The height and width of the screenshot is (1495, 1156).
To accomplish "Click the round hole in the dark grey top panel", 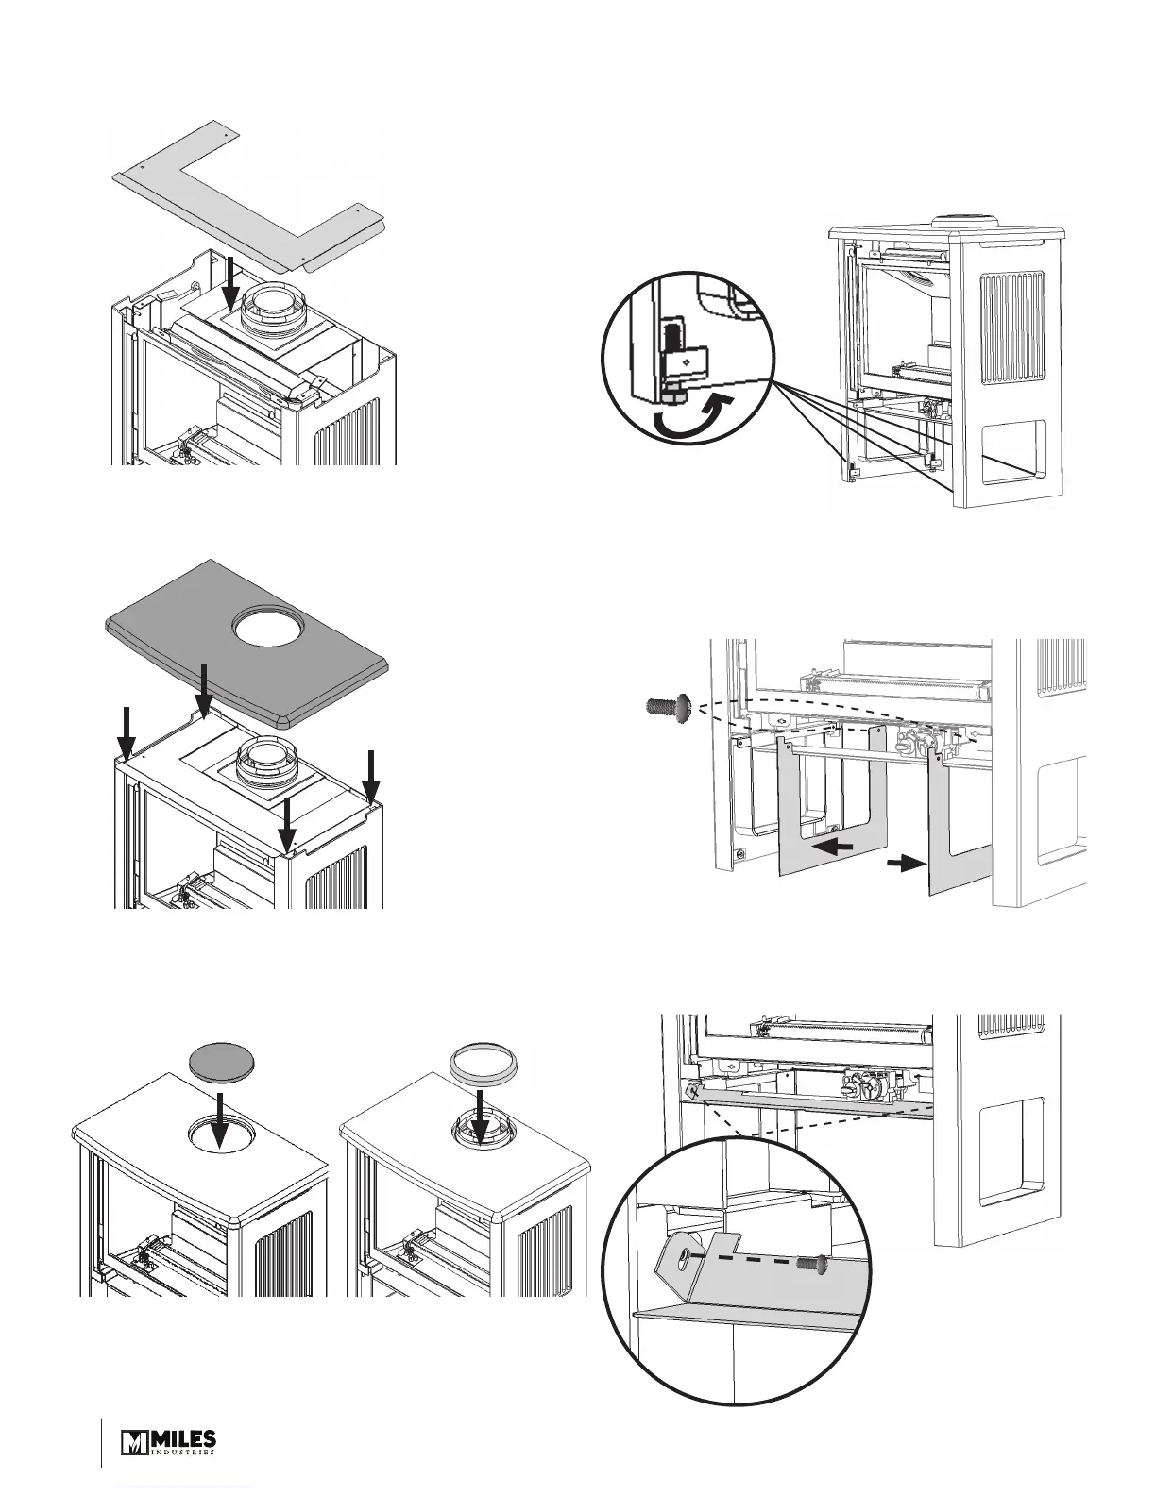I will pos(267,627).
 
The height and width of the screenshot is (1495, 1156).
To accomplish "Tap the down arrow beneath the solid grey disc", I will pos(218,1117).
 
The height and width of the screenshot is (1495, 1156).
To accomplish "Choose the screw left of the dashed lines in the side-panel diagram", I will pos(668,704).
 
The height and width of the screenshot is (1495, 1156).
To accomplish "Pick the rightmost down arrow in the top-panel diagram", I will pos(371,774).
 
